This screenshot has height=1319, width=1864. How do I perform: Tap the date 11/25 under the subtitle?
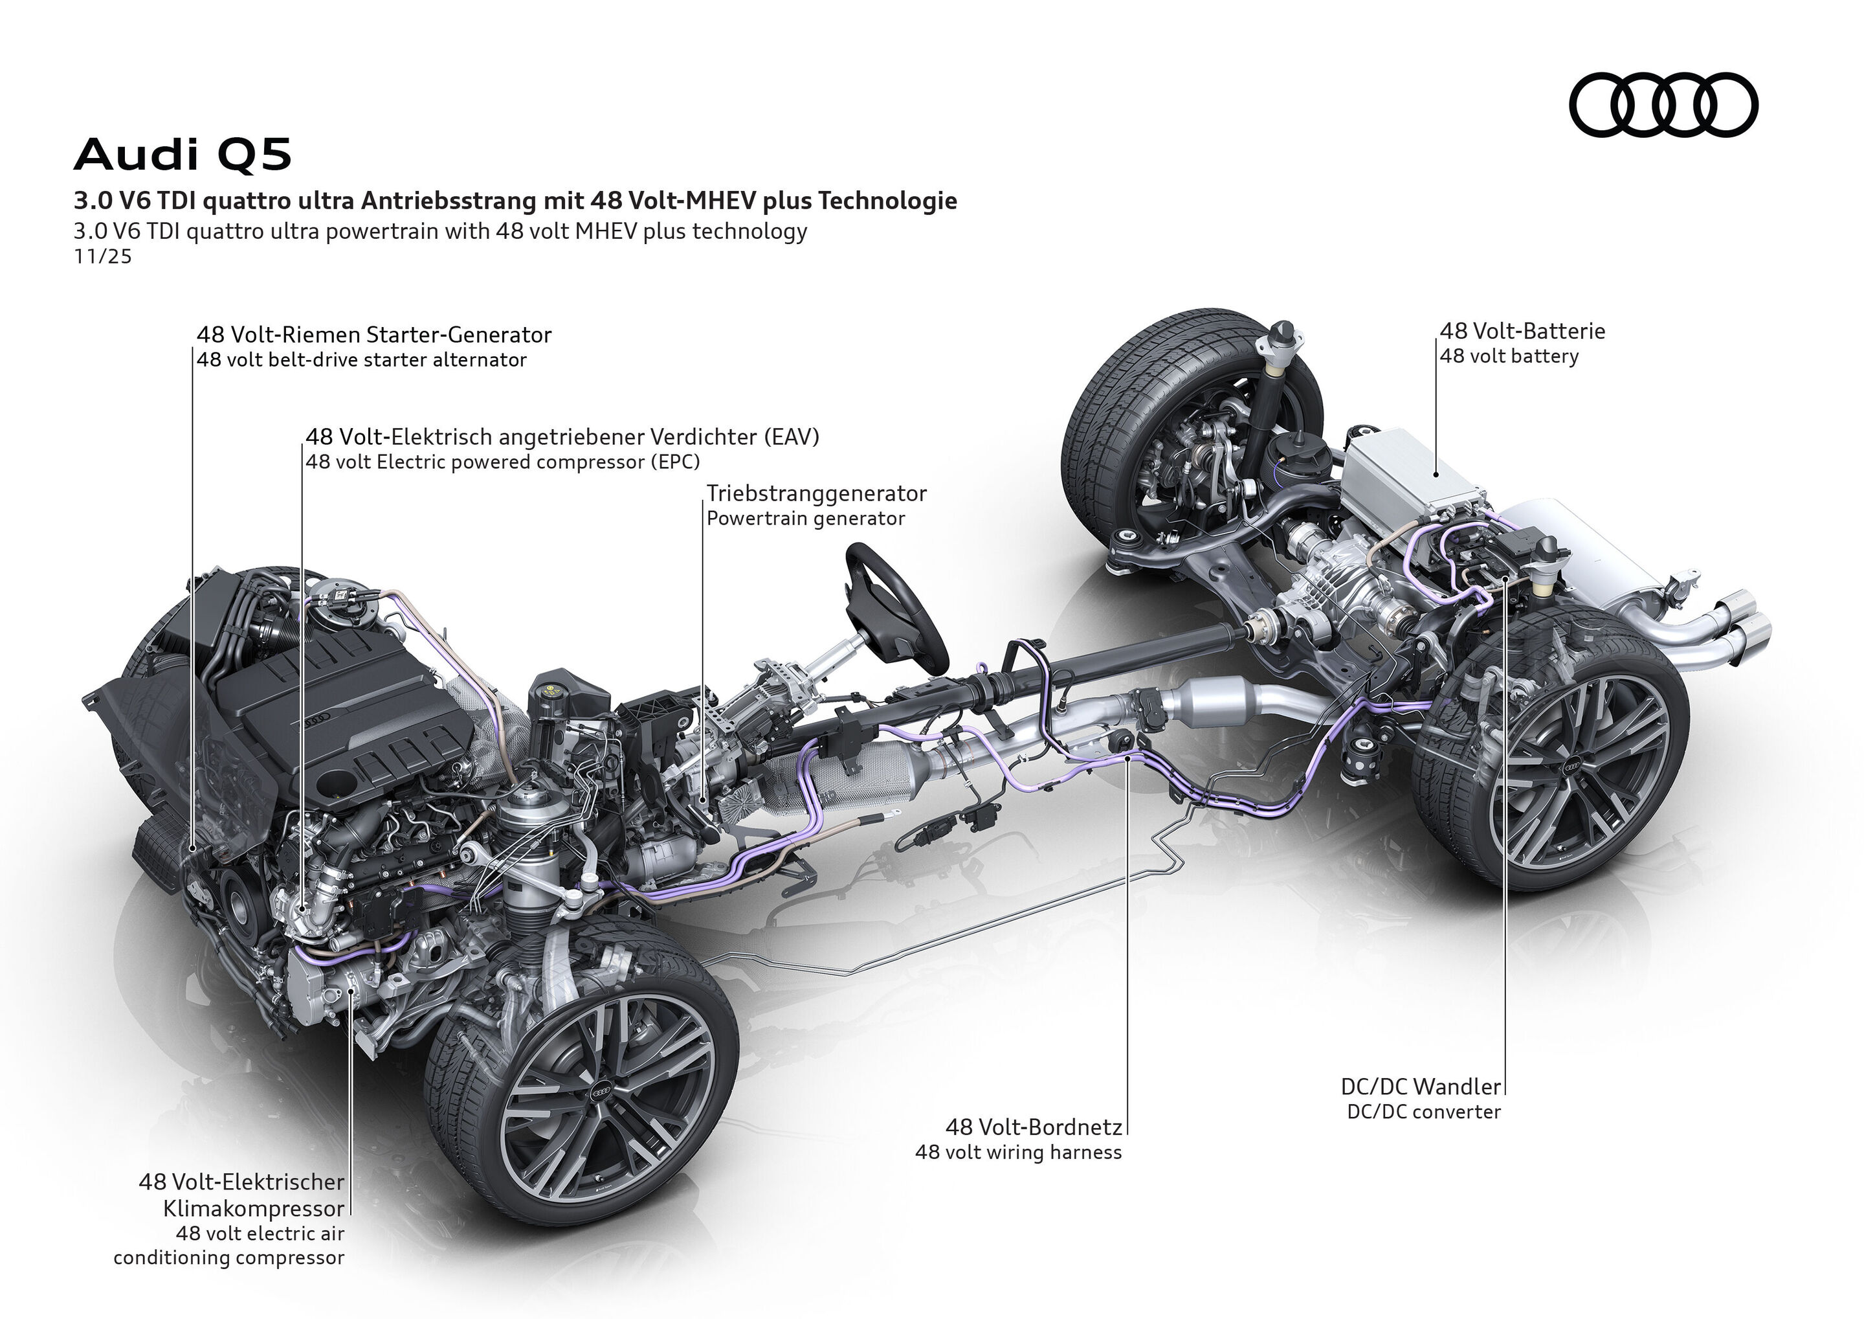tap(102, 256)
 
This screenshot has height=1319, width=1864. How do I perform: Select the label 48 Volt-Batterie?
tap(1522, 332)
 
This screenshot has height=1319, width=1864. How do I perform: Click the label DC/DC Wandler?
tap(1420, 1087)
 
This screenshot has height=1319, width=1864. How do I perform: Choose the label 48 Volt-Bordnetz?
tap(1034, 1127)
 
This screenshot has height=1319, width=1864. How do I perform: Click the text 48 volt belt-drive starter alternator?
tap(361, 360)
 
